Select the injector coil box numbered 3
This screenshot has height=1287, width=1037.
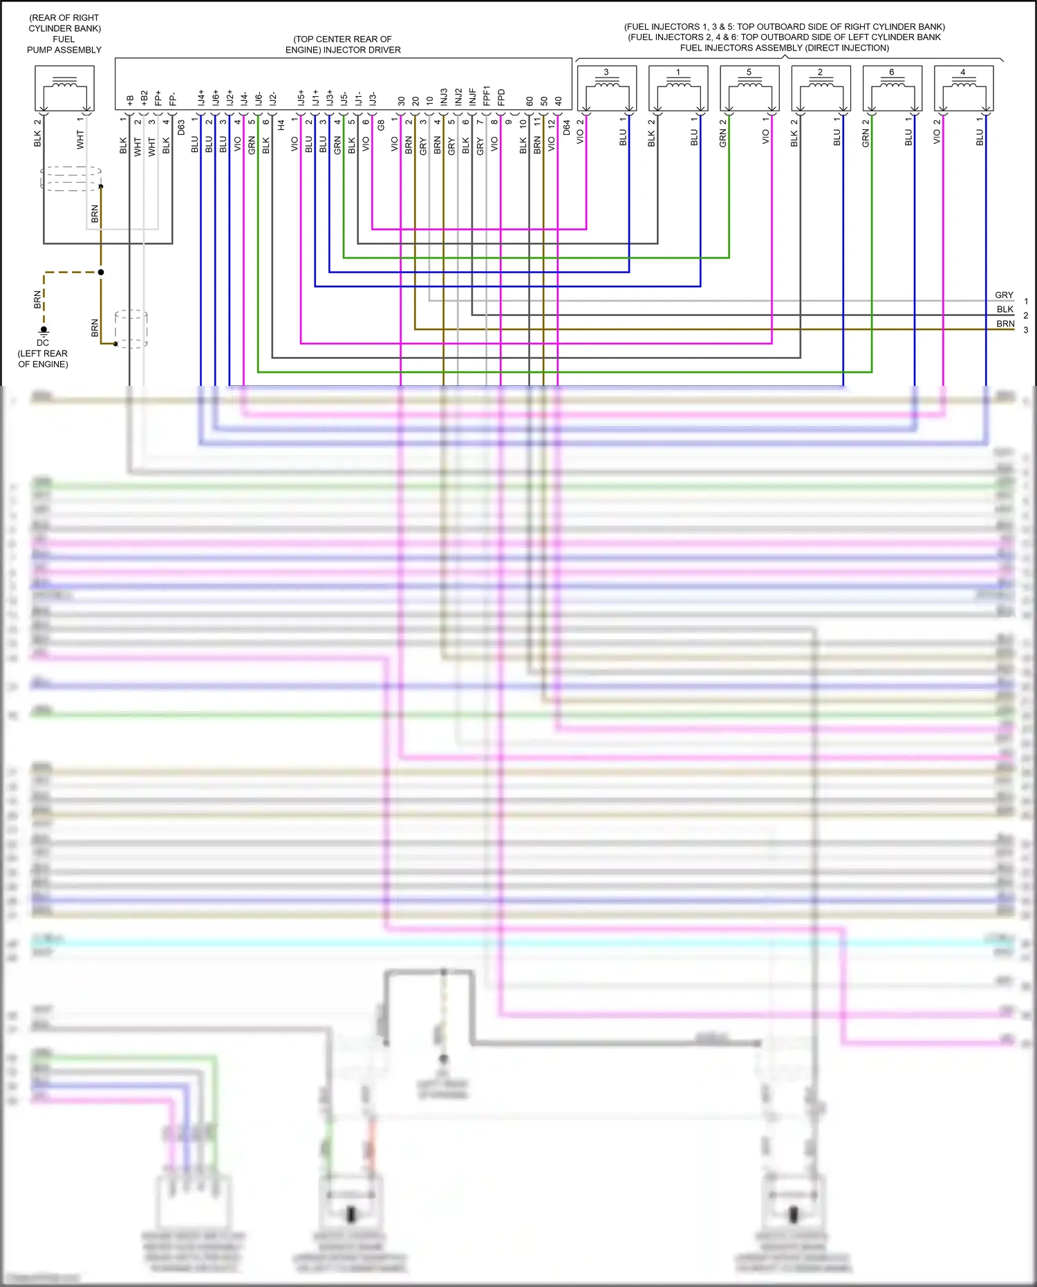tap(606, 88)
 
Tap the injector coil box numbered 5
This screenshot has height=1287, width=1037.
tap(749, 88)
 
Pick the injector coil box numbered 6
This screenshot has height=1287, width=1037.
tap(892, 88)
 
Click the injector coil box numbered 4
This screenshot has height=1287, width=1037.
tap(963, 88)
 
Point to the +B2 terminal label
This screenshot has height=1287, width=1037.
tap(144, 98)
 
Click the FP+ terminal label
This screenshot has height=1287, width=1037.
tap(158, 98)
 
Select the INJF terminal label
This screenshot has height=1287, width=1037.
tap(473, 97)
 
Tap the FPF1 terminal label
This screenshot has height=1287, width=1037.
tap(487, 96)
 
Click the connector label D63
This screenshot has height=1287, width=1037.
tap(181, 128)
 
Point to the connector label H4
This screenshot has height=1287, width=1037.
tap(281, 125)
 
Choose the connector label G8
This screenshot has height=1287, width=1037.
tap(381, 125)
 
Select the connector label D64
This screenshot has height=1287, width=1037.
tap(566, 128)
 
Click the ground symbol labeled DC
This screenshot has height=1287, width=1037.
tap(44, 331)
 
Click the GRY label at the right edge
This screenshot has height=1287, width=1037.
tap(1004, 295)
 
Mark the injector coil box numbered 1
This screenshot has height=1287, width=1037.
tap(678, 88)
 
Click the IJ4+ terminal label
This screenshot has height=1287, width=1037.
tap(201, 98)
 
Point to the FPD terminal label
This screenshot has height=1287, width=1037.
tap(501, 98)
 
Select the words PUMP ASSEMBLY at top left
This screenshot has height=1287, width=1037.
tap(64, 50)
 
